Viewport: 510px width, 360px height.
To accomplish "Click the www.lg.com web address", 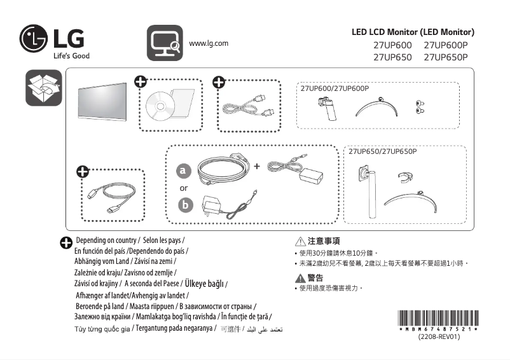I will [209, 43].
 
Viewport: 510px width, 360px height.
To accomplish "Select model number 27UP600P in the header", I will [445, 45].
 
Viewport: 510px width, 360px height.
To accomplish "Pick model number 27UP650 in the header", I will [392, 57].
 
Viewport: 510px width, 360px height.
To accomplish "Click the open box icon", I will [43, 89].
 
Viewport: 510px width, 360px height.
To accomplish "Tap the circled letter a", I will [184, 171].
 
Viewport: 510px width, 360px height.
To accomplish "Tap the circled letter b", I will [184, 205].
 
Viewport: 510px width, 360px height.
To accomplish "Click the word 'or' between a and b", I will [184, 188].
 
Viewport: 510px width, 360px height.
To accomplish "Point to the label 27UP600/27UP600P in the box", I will [334, 87].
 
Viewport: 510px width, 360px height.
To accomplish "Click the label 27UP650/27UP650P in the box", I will [382, 151].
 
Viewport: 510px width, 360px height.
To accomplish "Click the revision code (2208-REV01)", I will [438, 337].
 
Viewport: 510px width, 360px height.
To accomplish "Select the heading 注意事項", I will [323, 241].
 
